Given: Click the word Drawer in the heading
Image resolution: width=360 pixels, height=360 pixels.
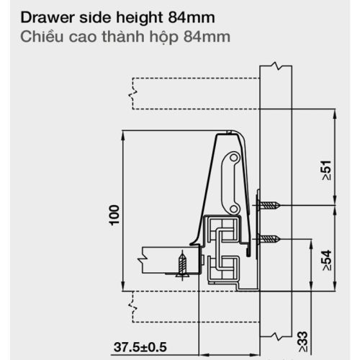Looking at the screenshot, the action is (48, 17).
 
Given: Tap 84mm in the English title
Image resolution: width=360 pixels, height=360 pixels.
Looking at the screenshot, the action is (192, 17).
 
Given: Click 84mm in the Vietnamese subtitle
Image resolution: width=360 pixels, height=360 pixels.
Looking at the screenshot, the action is (207, 37).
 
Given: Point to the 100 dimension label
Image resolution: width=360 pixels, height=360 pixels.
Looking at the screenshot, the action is (114, 215).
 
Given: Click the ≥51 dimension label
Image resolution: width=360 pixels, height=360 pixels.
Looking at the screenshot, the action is (327, 170).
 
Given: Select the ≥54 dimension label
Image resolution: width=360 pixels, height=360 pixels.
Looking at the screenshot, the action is (327, 260).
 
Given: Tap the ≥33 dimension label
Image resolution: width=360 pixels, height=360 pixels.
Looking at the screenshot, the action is (303, 342).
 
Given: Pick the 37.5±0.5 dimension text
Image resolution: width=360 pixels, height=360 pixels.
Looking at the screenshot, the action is (140, 347).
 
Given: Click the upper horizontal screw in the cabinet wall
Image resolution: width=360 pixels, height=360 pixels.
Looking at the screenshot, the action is (267, 205).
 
